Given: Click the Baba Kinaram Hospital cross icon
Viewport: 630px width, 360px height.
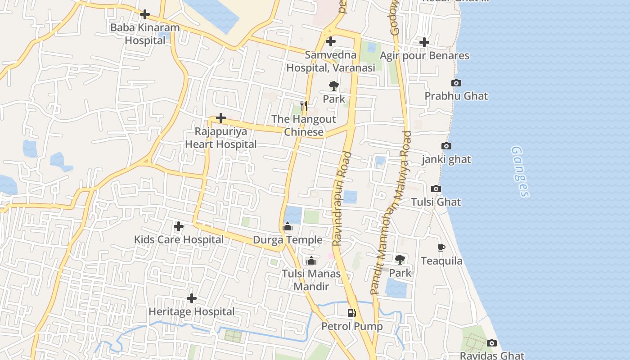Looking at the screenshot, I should click(145, 14).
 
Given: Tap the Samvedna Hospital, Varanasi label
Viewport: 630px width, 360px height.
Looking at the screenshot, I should click(331, 62).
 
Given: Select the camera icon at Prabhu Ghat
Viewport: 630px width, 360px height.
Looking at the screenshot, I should click(456, 83).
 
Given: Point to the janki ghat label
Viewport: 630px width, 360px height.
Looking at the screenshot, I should click(446, 159).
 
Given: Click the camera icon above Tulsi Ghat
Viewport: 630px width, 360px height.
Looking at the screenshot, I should click(436, 189).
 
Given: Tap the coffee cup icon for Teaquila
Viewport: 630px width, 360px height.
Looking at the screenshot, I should click(441, 248).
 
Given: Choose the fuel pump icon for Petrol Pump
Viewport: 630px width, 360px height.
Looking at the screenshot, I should click(351, 313).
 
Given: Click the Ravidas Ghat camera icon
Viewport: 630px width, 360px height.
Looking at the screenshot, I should click(492, 343).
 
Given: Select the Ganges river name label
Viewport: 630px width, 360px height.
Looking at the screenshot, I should click(521, 171).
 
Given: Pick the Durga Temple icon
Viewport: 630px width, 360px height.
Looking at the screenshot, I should click(288, 227).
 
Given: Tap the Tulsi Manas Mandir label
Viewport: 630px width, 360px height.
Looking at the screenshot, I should click(311, 280).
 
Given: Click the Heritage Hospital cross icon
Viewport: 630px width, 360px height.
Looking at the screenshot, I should click(192, 298).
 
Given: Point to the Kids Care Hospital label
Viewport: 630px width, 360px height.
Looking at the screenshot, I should click(179, 239).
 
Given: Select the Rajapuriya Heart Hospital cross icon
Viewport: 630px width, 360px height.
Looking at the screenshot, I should click(221, 118).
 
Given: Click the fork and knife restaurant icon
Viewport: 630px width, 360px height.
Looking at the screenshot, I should click(304, 106).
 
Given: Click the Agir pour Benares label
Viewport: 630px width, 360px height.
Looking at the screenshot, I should click(424, 56).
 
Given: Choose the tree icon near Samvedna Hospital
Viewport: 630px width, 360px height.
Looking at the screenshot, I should click(333, 85).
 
